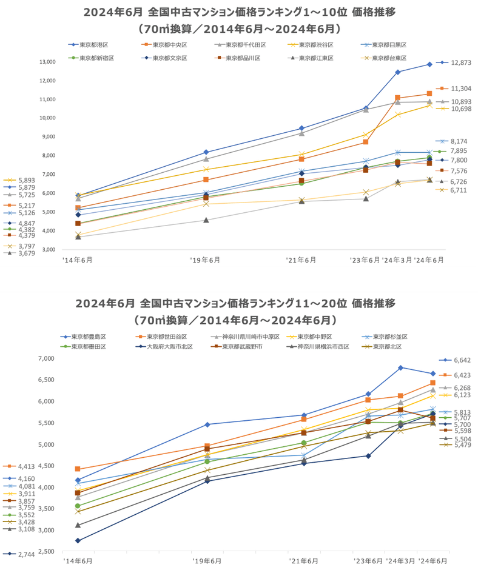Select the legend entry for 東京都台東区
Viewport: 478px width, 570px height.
tap(389, 58)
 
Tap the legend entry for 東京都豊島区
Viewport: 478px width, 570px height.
tap(89, 337)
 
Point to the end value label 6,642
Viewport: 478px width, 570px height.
tap(462, 360)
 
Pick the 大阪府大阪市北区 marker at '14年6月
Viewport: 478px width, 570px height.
tap(78, 540)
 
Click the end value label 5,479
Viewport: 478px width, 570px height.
tap(462, 445)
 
